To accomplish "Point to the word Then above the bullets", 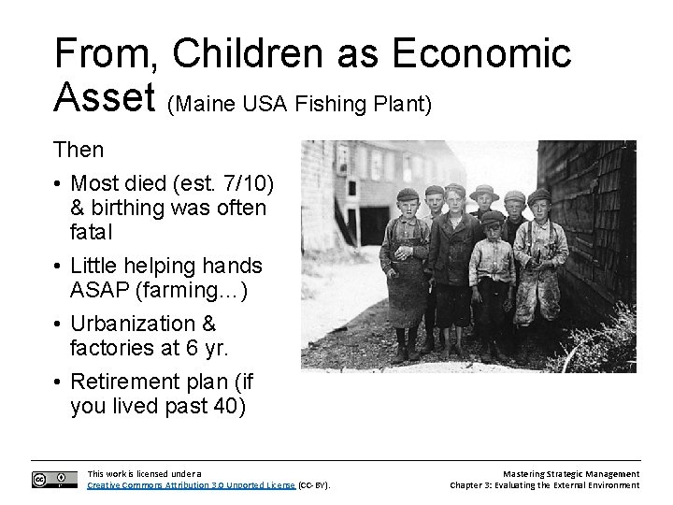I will pyautogui.click(x=79, y=149).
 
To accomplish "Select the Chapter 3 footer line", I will pyautogui.click(x=545, y=485).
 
